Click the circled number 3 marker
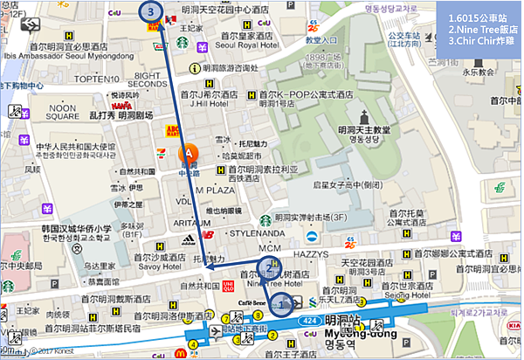pyautogui.click(x=153, y=12)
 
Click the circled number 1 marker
pyautogui.click(x=281, y=303)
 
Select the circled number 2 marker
pyautogui.click(x=270, y=267)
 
